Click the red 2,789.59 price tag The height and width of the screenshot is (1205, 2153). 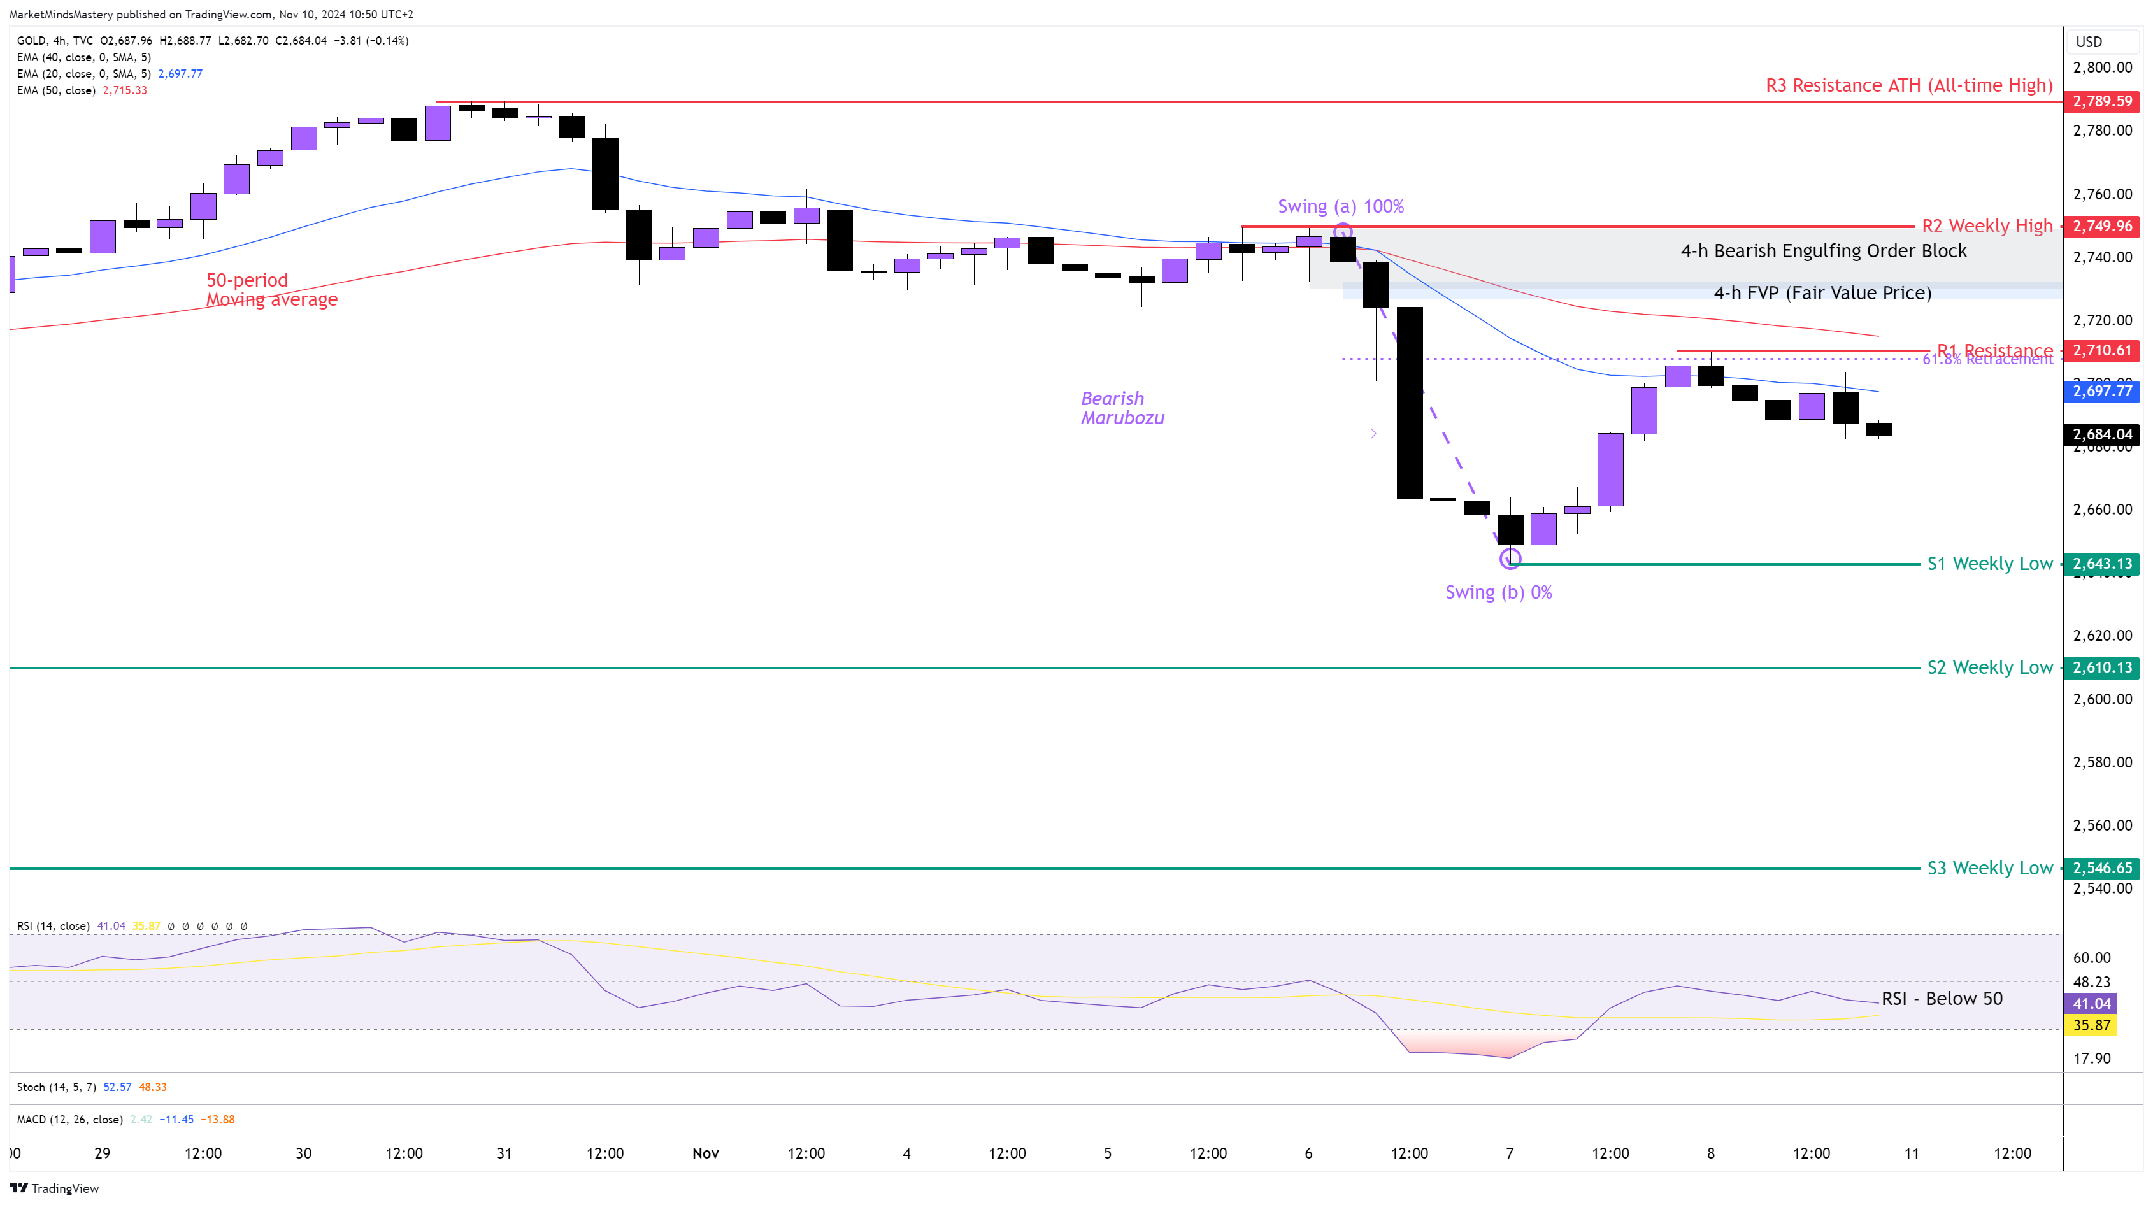[x=2101, y=101]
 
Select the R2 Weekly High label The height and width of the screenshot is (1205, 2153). [x=1987, y=225]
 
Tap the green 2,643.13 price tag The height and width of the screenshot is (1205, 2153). [x=2101, y=564]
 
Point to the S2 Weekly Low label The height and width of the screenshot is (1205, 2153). [x=1989, y=667]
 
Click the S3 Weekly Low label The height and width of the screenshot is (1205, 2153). [x=1989, y=868]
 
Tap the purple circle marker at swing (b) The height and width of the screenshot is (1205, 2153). [x=1510, y=558]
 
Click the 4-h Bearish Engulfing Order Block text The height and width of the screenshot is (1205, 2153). [x=1823, y=251]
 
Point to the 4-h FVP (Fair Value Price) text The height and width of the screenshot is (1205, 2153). [x=1822, y=292]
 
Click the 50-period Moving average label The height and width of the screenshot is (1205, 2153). [x=271, y=290]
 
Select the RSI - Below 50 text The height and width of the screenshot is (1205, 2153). [x=1941, y=999]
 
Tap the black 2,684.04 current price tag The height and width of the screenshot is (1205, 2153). [x=2101, y=434]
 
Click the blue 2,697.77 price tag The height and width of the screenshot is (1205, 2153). [x=2101, y=391]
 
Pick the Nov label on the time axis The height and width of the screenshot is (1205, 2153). [x=705, y=1153]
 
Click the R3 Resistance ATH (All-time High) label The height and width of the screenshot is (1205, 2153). [x=1908, y=85]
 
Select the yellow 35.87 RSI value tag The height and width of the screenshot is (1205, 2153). [x=2091, y=1025]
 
